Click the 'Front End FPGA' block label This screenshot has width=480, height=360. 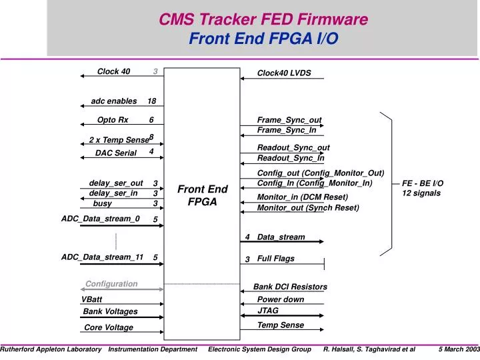tap(202, 195)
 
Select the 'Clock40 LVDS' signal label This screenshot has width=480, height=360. tap(284, 73)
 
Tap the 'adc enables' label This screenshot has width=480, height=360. tap(113, 101)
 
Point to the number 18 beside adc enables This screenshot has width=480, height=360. tap(152, 101)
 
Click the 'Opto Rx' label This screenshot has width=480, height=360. tap(113, 120)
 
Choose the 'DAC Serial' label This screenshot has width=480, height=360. tap(115, 153)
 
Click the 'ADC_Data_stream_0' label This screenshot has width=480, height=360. tap(101, 218)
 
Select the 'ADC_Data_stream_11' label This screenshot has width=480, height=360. tap(102, 257)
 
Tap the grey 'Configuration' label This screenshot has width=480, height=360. tap(111, 284)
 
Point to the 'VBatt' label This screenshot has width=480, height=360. tap(92, 300)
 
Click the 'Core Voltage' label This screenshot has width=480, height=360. tap(108, 327)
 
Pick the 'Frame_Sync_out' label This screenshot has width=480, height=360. tap(289, 120)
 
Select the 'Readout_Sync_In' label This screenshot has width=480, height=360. tap(291, 158)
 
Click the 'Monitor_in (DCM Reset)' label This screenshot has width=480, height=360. tap(303, 197)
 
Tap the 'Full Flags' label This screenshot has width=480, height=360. tap(275, 259)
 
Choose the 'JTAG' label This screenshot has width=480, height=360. tap(268, 311)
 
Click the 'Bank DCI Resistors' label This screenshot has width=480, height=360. tap(290, 287)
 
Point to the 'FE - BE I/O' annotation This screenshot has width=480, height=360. tap(423, 183)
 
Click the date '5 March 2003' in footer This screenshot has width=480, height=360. tap(459, 349)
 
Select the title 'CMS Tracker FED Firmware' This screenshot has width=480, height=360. tap(263, 20)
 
